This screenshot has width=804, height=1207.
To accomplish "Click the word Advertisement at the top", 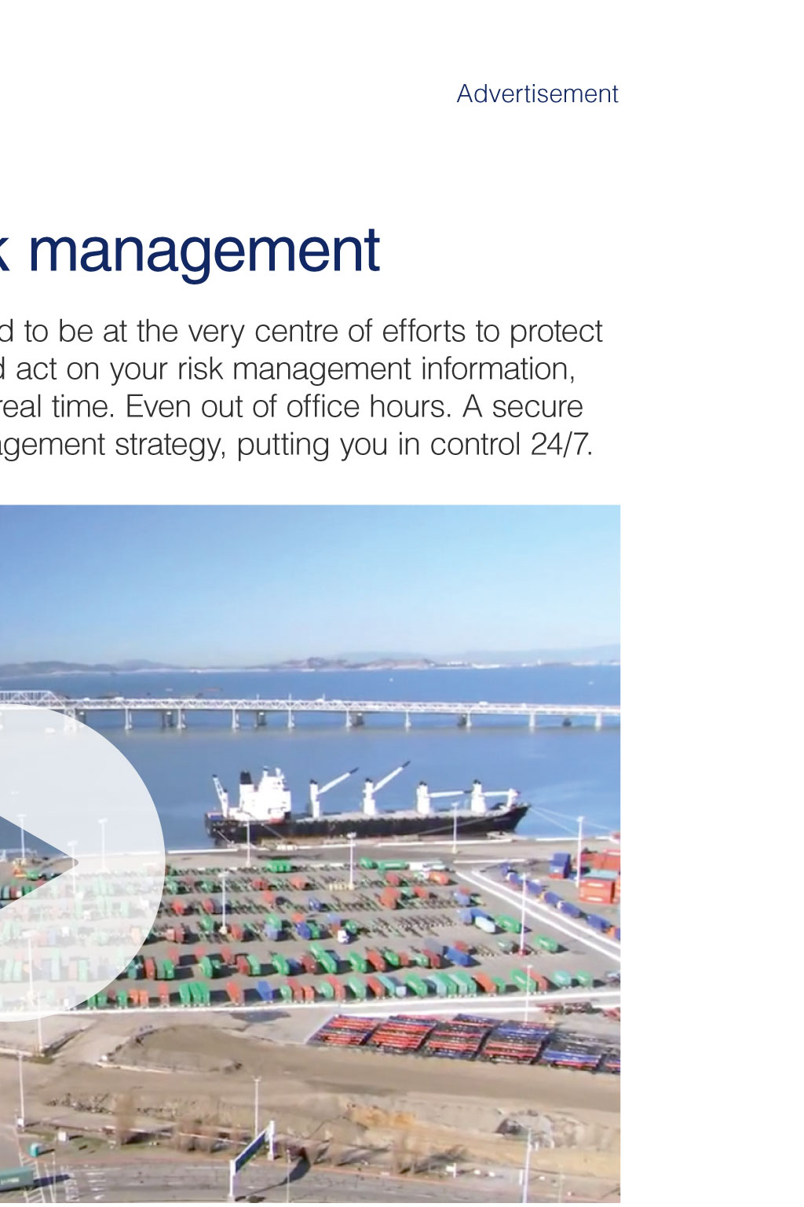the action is tap(537, 94).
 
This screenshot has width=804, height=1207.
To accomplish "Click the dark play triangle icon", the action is tap(32, 863).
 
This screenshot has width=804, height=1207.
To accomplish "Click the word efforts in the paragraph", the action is tap(423, 332).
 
